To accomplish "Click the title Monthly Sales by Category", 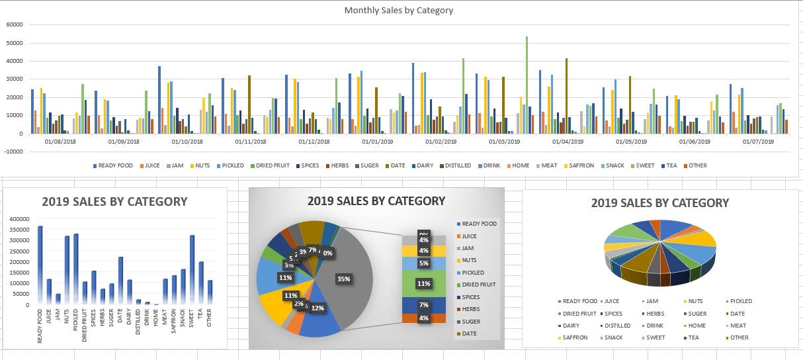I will click(x=398, y=11).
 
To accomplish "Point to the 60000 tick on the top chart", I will click(x=15, y=24).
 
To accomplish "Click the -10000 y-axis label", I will click(x=13, y=152).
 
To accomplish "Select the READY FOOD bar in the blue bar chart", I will click(x=40, y=265).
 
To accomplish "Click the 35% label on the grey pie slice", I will click(x=343, y=279).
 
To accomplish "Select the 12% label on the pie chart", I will click(x=317, y=308).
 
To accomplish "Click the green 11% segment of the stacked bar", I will click(x=423, y=283).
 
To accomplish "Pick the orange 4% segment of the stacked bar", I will click(x=423, y=318).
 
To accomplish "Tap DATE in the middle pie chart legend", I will click(x=469, y=334).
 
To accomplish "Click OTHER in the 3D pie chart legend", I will click(x=739, y=337).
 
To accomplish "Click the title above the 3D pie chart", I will click(x=659, y=203).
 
